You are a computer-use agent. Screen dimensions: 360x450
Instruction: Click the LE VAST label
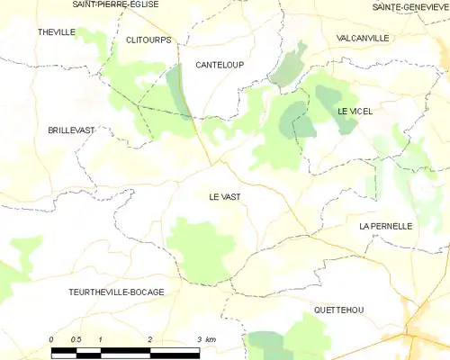224,195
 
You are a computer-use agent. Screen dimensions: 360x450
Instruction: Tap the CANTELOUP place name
220,65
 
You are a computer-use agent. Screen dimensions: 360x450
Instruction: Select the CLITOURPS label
148,40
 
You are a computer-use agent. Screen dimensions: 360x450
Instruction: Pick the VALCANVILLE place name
362,38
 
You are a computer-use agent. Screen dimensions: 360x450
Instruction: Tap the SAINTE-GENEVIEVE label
409,6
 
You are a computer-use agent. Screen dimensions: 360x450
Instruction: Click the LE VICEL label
355,111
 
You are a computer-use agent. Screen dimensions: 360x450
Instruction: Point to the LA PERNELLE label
385,226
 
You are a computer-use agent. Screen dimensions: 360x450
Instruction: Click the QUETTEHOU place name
338,310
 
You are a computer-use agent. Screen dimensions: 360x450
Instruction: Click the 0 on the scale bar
52,338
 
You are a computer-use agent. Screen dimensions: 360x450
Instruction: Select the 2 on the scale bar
150,338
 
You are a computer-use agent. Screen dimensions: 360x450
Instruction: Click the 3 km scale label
205,338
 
